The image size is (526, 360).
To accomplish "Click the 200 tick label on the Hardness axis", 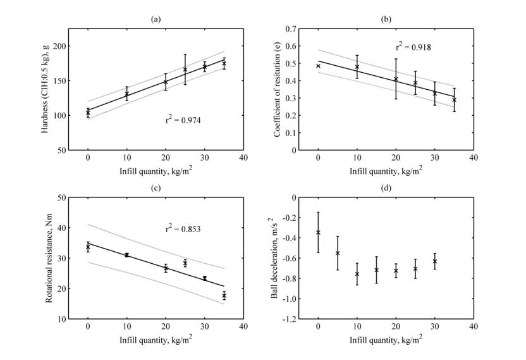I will [59, 46].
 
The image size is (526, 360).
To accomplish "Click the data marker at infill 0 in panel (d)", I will [318, 232].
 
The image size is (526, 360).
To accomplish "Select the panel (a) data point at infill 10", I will [126, 94].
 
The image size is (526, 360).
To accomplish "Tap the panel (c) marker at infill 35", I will [224, 295].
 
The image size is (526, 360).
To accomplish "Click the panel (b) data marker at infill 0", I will [318, 66].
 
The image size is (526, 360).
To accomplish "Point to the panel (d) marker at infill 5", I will [338, 253].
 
